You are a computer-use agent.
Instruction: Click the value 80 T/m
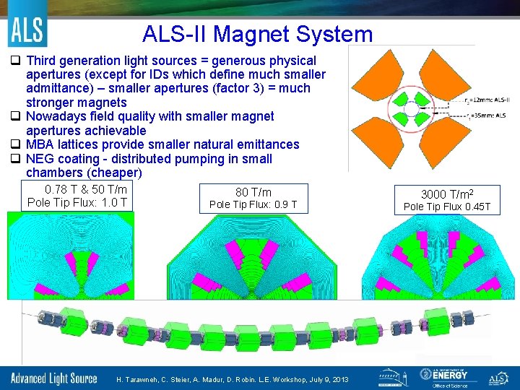pyautogui.click(x=253, y=192)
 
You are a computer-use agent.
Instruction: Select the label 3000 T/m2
pyautogui.click(x=446, y=194)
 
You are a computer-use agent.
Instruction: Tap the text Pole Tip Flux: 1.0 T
pyautogui.click(x=77, y=202)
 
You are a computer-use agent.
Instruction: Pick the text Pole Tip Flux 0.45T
pyautogui.click(x=446, y=207)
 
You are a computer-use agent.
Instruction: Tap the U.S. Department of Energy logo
pyautogui.click(x=443, y=377)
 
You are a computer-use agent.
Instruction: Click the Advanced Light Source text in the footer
pyautogui.click(x=53, y=378)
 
